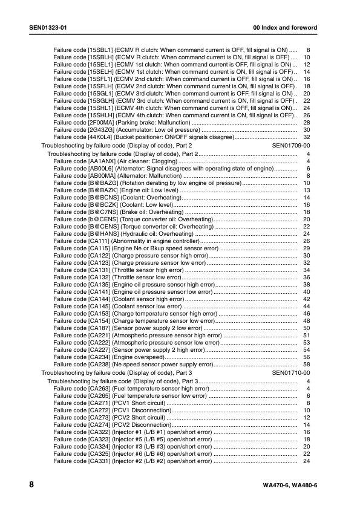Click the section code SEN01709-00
point(291,146)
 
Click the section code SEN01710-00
point(291,374)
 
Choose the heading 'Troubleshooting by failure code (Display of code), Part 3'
point(116,374)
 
